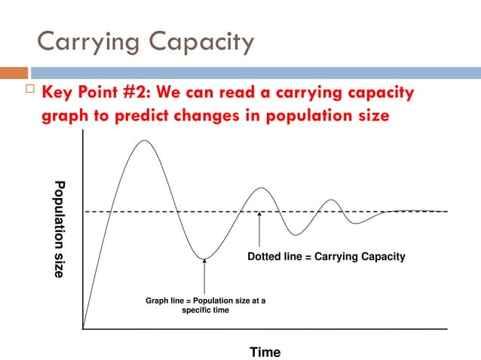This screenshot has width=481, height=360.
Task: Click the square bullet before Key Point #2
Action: point(29,93)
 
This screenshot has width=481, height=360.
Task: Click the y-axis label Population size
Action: point(60,230)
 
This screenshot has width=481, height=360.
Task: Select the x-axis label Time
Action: point(265,352)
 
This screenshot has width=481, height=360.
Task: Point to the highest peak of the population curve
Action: point(145,141)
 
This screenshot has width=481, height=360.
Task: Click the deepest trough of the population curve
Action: point(204,259)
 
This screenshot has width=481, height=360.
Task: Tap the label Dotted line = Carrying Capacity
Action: point(326,257)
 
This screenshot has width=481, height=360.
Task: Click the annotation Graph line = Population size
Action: point(204,305)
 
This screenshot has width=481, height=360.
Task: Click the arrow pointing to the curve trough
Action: point(204,278)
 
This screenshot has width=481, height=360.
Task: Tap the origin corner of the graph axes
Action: point(83,329)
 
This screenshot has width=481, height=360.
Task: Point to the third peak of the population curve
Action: point(329,200)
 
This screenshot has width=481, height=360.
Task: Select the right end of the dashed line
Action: point(446,212)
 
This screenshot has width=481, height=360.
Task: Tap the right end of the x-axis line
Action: point(446,329)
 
